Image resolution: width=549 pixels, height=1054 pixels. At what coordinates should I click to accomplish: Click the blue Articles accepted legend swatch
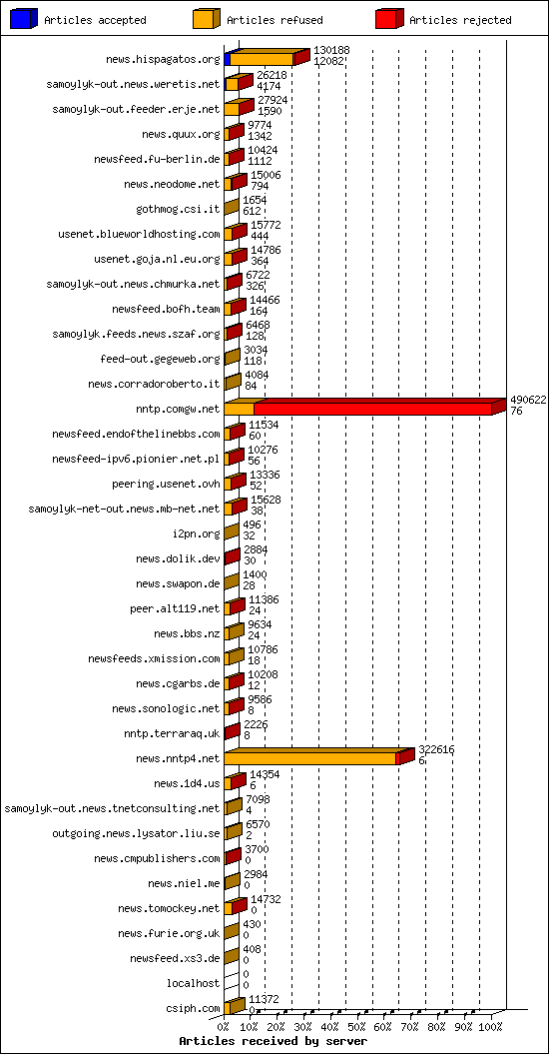24,19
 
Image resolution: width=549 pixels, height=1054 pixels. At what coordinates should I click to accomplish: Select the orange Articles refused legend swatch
206,19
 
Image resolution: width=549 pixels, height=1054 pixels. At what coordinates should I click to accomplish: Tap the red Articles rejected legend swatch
388,19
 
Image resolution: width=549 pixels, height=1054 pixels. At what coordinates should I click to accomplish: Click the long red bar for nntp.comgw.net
373,409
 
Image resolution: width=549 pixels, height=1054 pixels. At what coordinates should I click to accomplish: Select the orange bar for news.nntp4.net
310,758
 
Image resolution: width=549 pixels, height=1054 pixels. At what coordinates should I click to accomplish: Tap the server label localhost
195,983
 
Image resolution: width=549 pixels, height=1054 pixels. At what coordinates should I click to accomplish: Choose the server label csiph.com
194,1008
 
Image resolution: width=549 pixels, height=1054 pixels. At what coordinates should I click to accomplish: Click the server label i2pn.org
196,533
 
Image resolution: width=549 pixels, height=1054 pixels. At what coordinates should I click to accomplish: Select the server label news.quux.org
180,134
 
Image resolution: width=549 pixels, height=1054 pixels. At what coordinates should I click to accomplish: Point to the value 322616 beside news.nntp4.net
435,748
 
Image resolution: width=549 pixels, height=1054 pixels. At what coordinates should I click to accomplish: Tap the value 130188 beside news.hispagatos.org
331,49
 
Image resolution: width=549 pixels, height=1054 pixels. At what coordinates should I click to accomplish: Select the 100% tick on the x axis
490,1025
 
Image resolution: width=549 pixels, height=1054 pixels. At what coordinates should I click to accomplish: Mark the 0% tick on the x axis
225,1025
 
